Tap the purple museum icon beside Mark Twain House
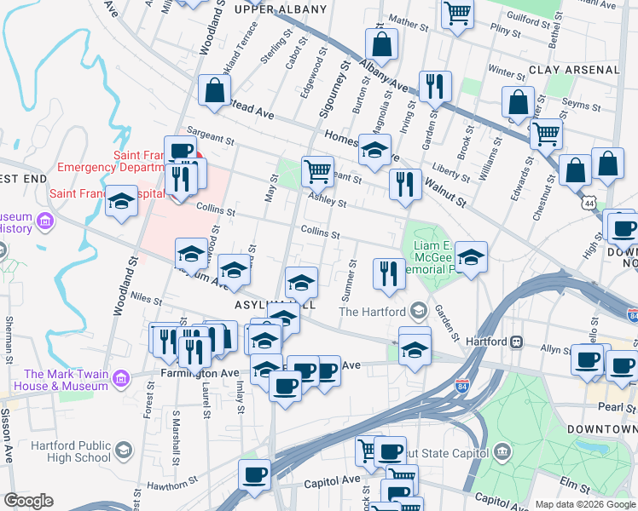(120, 377)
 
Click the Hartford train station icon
(516, 342)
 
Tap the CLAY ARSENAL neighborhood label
(573, 70)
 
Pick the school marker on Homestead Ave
(374, 150)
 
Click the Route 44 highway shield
(589, 204)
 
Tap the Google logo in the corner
(28, 501)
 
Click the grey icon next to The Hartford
(418, 311)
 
